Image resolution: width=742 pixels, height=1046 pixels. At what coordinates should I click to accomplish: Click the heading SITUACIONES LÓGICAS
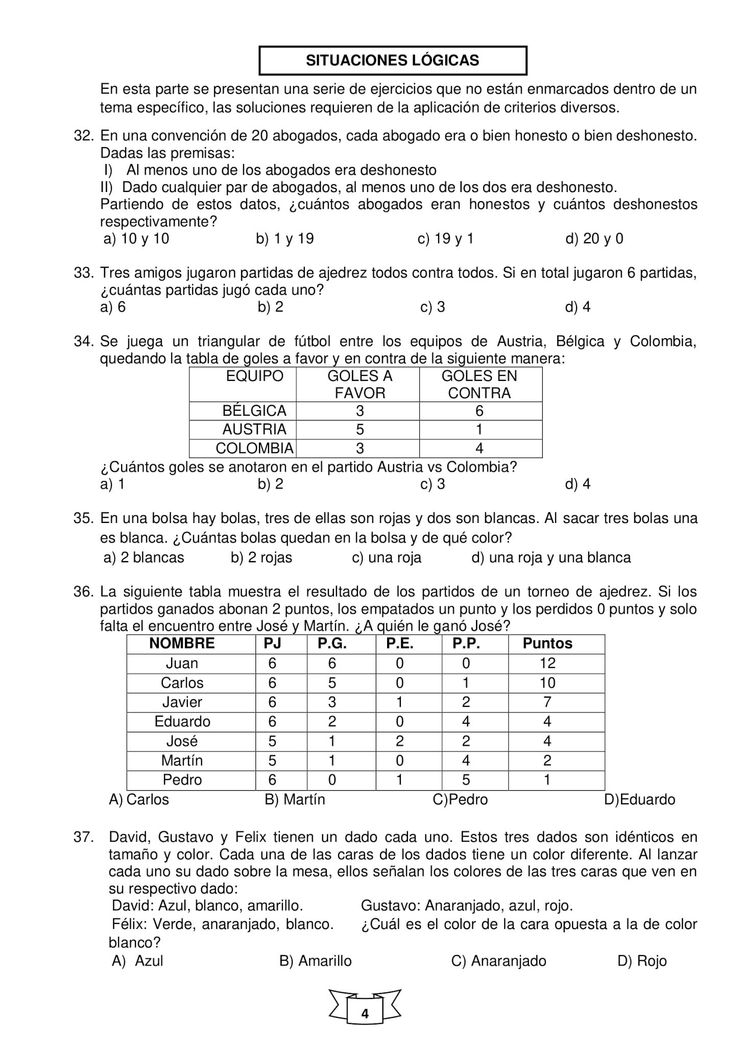click(392, 61)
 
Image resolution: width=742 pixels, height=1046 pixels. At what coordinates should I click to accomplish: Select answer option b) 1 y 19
click(284, 239)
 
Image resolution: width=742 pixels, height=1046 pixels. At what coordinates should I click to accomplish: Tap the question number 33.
click(83, 273)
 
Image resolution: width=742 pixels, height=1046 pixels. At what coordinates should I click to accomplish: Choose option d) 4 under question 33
click(578, 307)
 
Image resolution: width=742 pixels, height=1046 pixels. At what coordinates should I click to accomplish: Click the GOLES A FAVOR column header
click(360, 384)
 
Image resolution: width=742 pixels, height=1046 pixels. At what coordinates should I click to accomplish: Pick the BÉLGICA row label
click(254, 411)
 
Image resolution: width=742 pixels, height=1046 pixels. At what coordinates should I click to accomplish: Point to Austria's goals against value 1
click(479, 430)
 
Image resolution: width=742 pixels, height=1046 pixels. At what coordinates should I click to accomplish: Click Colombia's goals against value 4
click(479, 448)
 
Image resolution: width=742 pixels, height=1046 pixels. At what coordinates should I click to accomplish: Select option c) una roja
click(387, 557)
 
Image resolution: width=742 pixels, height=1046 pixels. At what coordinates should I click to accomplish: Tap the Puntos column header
click(547, 644)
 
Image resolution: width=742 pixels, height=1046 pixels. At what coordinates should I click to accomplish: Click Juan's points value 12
click(547, 663)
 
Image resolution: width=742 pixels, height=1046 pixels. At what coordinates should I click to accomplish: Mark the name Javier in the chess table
click(182, 702)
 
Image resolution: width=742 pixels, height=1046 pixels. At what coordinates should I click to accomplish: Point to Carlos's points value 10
click(547, 682)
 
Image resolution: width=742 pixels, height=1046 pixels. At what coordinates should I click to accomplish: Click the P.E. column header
click(399, 644)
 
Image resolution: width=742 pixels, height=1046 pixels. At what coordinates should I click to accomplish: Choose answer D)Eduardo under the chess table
click(639, 799)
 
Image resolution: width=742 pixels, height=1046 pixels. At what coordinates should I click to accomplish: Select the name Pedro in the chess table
click(182, 780)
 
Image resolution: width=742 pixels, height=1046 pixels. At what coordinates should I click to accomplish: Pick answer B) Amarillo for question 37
click(316, 961)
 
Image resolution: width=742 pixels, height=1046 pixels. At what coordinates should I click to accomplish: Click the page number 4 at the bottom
click(365, 1014)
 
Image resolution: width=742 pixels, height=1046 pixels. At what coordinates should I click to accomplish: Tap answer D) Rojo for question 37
click(642, 961)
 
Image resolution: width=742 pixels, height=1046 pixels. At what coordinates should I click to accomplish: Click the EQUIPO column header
click(254, 376)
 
